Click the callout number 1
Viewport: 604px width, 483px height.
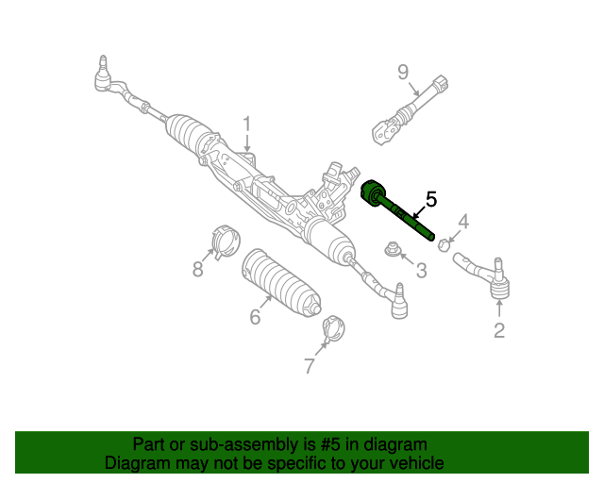click(247, 125)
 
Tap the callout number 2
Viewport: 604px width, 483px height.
click(499, 330)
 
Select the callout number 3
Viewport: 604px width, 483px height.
click(422, 271)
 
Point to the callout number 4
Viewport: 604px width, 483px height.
click(463, 223)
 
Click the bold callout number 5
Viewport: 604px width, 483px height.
click(431, 199)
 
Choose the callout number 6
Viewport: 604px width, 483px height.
click(255, 317)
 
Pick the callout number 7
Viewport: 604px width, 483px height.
click(310, 366)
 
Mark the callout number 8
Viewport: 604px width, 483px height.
click(197, 269)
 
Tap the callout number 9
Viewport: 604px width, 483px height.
click(403, 72)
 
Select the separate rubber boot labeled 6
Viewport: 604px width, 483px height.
click(281, 283)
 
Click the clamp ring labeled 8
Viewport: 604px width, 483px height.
click(226, 241)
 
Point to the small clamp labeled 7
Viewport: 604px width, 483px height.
click(332, 329)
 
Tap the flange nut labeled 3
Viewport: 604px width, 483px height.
click(393, 249)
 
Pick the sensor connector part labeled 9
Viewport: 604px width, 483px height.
click(410, 110)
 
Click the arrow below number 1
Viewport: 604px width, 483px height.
click(247, 142)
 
